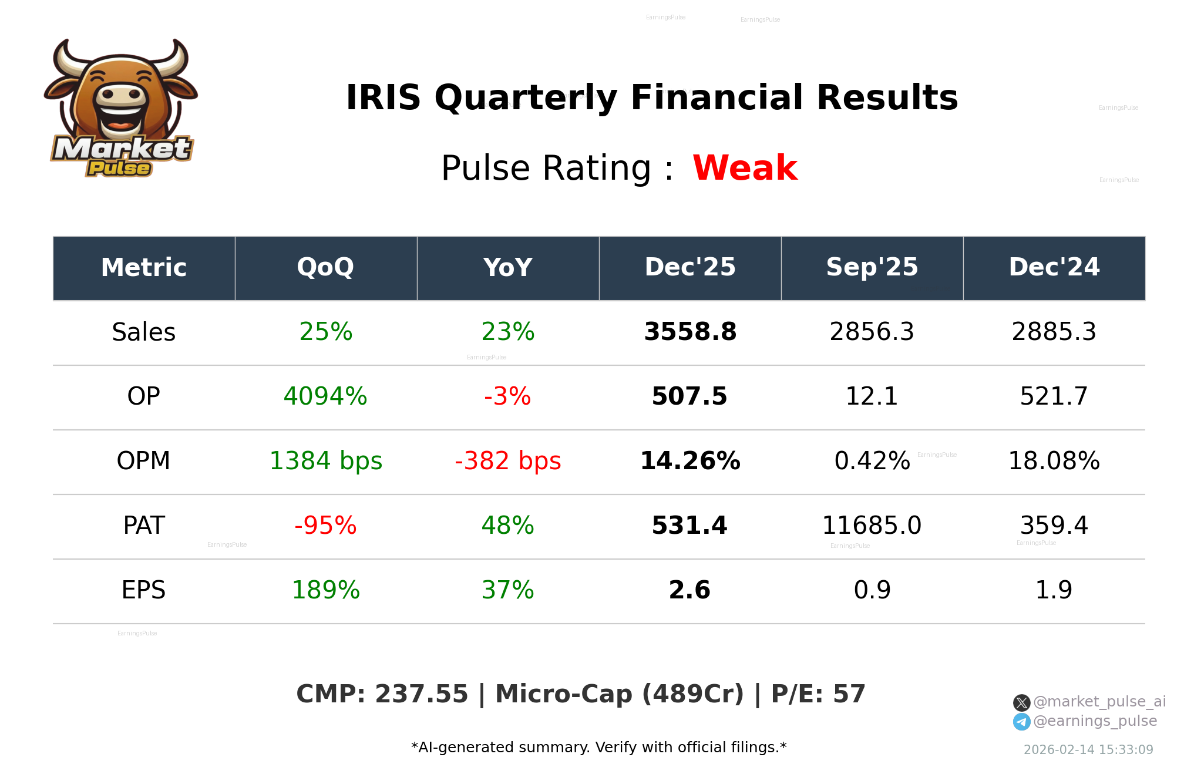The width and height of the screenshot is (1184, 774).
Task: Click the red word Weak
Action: coord(745,168)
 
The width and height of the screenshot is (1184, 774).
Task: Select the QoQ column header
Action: coord(325,268)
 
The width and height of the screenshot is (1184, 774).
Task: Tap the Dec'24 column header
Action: coord(1054,268)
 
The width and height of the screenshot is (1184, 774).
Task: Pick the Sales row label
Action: coord(143,332)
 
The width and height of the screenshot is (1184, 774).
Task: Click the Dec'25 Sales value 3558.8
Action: coord(690,332)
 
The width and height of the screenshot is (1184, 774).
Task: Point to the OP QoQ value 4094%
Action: coord(325,396)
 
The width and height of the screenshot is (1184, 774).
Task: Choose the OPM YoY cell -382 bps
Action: coord(507,461)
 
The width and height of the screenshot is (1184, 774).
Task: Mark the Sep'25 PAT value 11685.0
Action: coord(872,526)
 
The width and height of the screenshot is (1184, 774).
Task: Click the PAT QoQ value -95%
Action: coord(325,526)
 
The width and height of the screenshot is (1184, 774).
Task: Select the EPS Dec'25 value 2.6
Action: coord(689,590)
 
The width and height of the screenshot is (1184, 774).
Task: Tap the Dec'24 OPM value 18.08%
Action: coord(1054,461)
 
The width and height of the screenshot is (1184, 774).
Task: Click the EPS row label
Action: coord(143,590)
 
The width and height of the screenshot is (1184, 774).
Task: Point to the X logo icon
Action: coord(1021,702)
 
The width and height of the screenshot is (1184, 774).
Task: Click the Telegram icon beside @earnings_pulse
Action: coord(1021,722)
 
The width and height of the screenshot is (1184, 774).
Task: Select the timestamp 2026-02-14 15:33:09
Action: coord(1088,750)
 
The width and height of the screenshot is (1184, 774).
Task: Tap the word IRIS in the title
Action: coord(383,97)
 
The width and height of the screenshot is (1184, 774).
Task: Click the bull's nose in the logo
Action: coord(121,95)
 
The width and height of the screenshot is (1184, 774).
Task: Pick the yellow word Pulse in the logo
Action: coord(119,169)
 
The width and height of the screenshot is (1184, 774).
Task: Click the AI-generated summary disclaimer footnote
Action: coord(598,748)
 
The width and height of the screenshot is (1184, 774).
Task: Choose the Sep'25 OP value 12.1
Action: coord(872,396)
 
